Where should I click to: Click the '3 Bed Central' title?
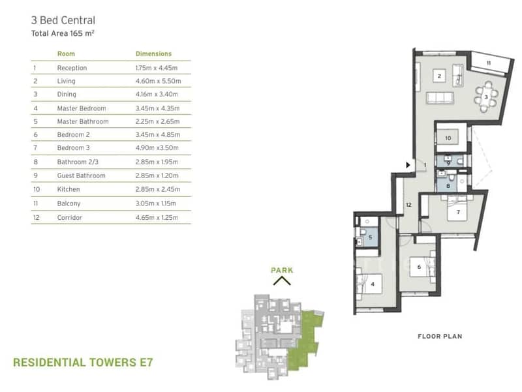(x=63, y=20)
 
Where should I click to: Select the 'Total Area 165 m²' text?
(x=63, y=33)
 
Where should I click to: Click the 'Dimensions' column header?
(x=153, y=53)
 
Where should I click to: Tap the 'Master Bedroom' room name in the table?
(x=82, y=108)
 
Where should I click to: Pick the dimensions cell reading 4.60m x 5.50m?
(x=158, y=81)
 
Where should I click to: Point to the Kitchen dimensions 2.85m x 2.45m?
(x=158, y=189)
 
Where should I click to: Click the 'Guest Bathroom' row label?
(x=81, y=175)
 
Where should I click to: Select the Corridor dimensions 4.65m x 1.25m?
(x=157, y=217)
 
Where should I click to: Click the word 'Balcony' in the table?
(x=69, y=204)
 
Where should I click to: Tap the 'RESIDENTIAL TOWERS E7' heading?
(x=83, y=362)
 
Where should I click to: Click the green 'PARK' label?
(x=282, y=270)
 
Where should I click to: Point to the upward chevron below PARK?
(x=282, y=281)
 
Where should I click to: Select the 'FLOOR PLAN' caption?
(x=440, y=337)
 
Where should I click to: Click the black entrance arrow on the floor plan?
(x=408, y=165)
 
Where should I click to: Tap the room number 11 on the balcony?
(x=488, y=63)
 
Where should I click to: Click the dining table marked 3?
(x=486, y=97)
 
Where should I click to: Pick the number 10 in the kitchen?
(x=448, y=138)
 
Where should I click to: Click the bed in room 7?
(x=459, y=209)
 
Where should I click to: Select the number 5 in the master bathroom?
(x=370, y=237)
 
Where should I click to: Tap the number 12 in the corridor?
(x=409, y=205)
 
